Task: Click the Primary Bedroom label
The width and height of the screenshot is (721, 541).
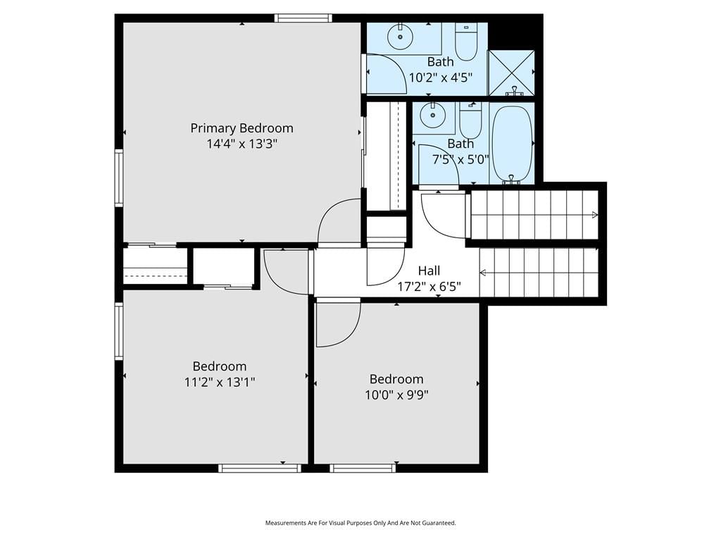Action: coord(242,128)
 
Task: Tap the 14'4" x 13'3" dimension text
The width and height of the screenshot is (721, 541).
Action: coord(242,144)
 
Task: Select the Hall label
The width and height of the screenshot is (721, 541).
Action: coord(429,270)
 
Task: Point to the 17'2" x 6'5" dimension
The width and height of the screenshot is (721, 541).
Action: coord(429,287)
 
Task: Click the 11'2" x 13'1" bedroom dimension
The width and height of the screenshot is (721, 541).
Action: coord(220,382)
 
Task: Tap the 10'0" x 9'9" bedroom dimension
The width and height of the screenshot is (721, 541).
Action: coord(397,394)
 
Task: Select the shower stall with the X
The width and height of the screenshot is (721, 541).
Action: coord(511,73)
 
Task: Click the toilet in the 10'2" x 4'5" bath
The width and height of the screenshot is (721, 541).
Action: coord(466,41)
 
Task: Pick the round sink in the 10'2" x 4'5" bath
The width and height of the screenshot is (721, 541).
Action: coord(400,37)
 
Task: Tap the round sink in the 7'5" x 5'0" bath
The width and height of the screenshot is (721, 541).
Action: coord(433,115)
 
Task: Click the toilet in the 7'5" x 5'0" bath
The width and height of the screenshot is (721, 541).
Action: coord(470,120)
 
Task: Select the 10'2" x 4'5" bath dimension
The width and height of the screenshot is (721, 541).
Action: coord(441,77)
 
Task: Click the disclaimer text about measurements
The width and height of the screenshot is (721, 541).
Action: coord(360,523)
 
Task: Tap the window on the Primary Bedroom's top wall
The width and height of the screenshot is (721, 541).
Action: coord(303,18)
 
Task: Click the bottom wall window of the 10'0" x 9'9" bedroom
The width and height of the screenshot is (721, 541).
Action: coord(363,468)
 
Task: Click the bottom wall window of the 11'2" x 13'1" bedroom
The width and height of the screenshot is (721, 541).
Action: coord(260,468)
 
